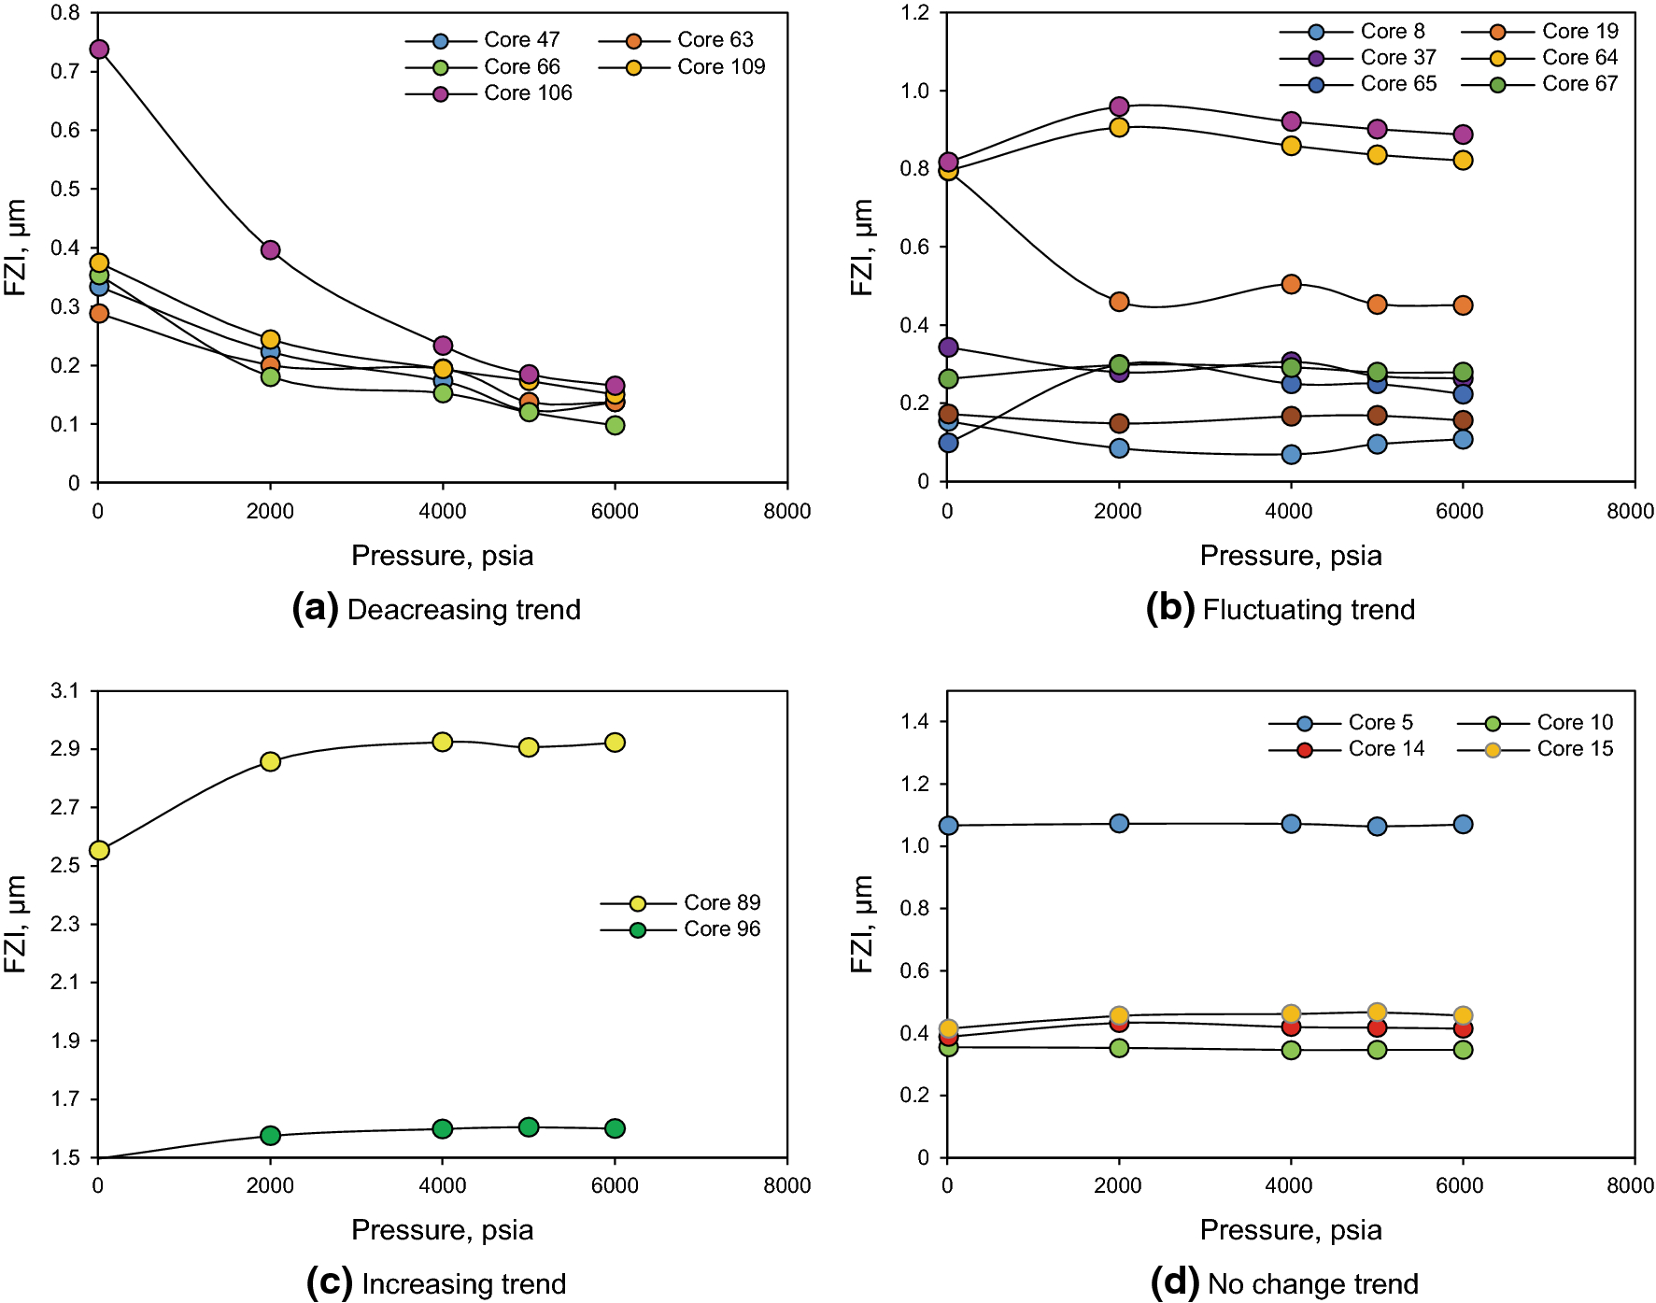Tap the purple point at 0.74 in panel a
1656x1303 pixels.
99,50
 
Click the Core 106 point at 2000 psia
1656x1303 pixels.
271,250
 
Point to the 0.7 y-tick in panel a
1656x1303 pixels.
65,72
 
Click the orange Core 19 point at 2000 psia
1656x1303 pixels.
1119,302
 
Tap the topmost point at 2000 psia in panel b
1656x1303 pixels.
1119,106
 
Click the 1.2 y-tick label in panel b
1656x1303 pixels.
915,13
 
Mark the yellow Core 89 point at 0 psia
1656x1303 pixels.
99,851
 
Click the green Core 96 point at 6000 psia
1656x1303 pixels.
615,1128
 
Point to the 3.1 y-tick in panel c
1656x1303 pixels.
65,691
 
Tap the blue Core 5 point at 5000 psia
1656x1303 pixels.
1377,827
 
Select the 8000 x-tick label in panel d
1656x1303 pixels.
1630,1186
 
